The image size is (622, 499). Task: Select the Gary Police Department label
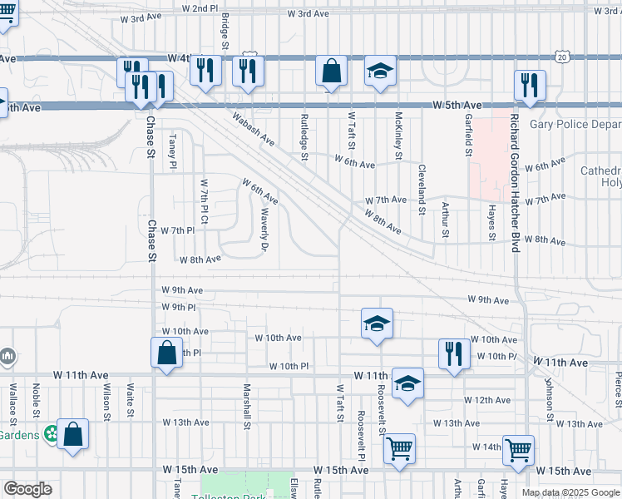(575, 124)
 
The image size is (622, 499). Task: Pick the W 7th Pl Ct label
(204, 204)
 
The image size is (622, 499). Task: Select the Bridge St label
(225, 29)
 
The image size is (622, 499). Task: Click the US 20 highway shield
(562, 57)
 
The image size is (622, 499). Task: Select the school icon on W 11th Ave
(407, 384)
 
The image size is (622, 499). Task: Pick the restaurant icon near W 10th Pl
(454, 353)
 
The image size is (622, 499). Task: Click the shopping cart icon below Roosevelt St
(399, 449)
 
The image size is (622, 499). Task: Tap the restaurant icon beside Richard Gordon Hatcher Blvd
(529, 84)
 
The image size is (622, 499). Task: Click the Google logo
(27, 489)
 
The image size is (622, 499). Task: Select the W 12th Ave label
(487, 400)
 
